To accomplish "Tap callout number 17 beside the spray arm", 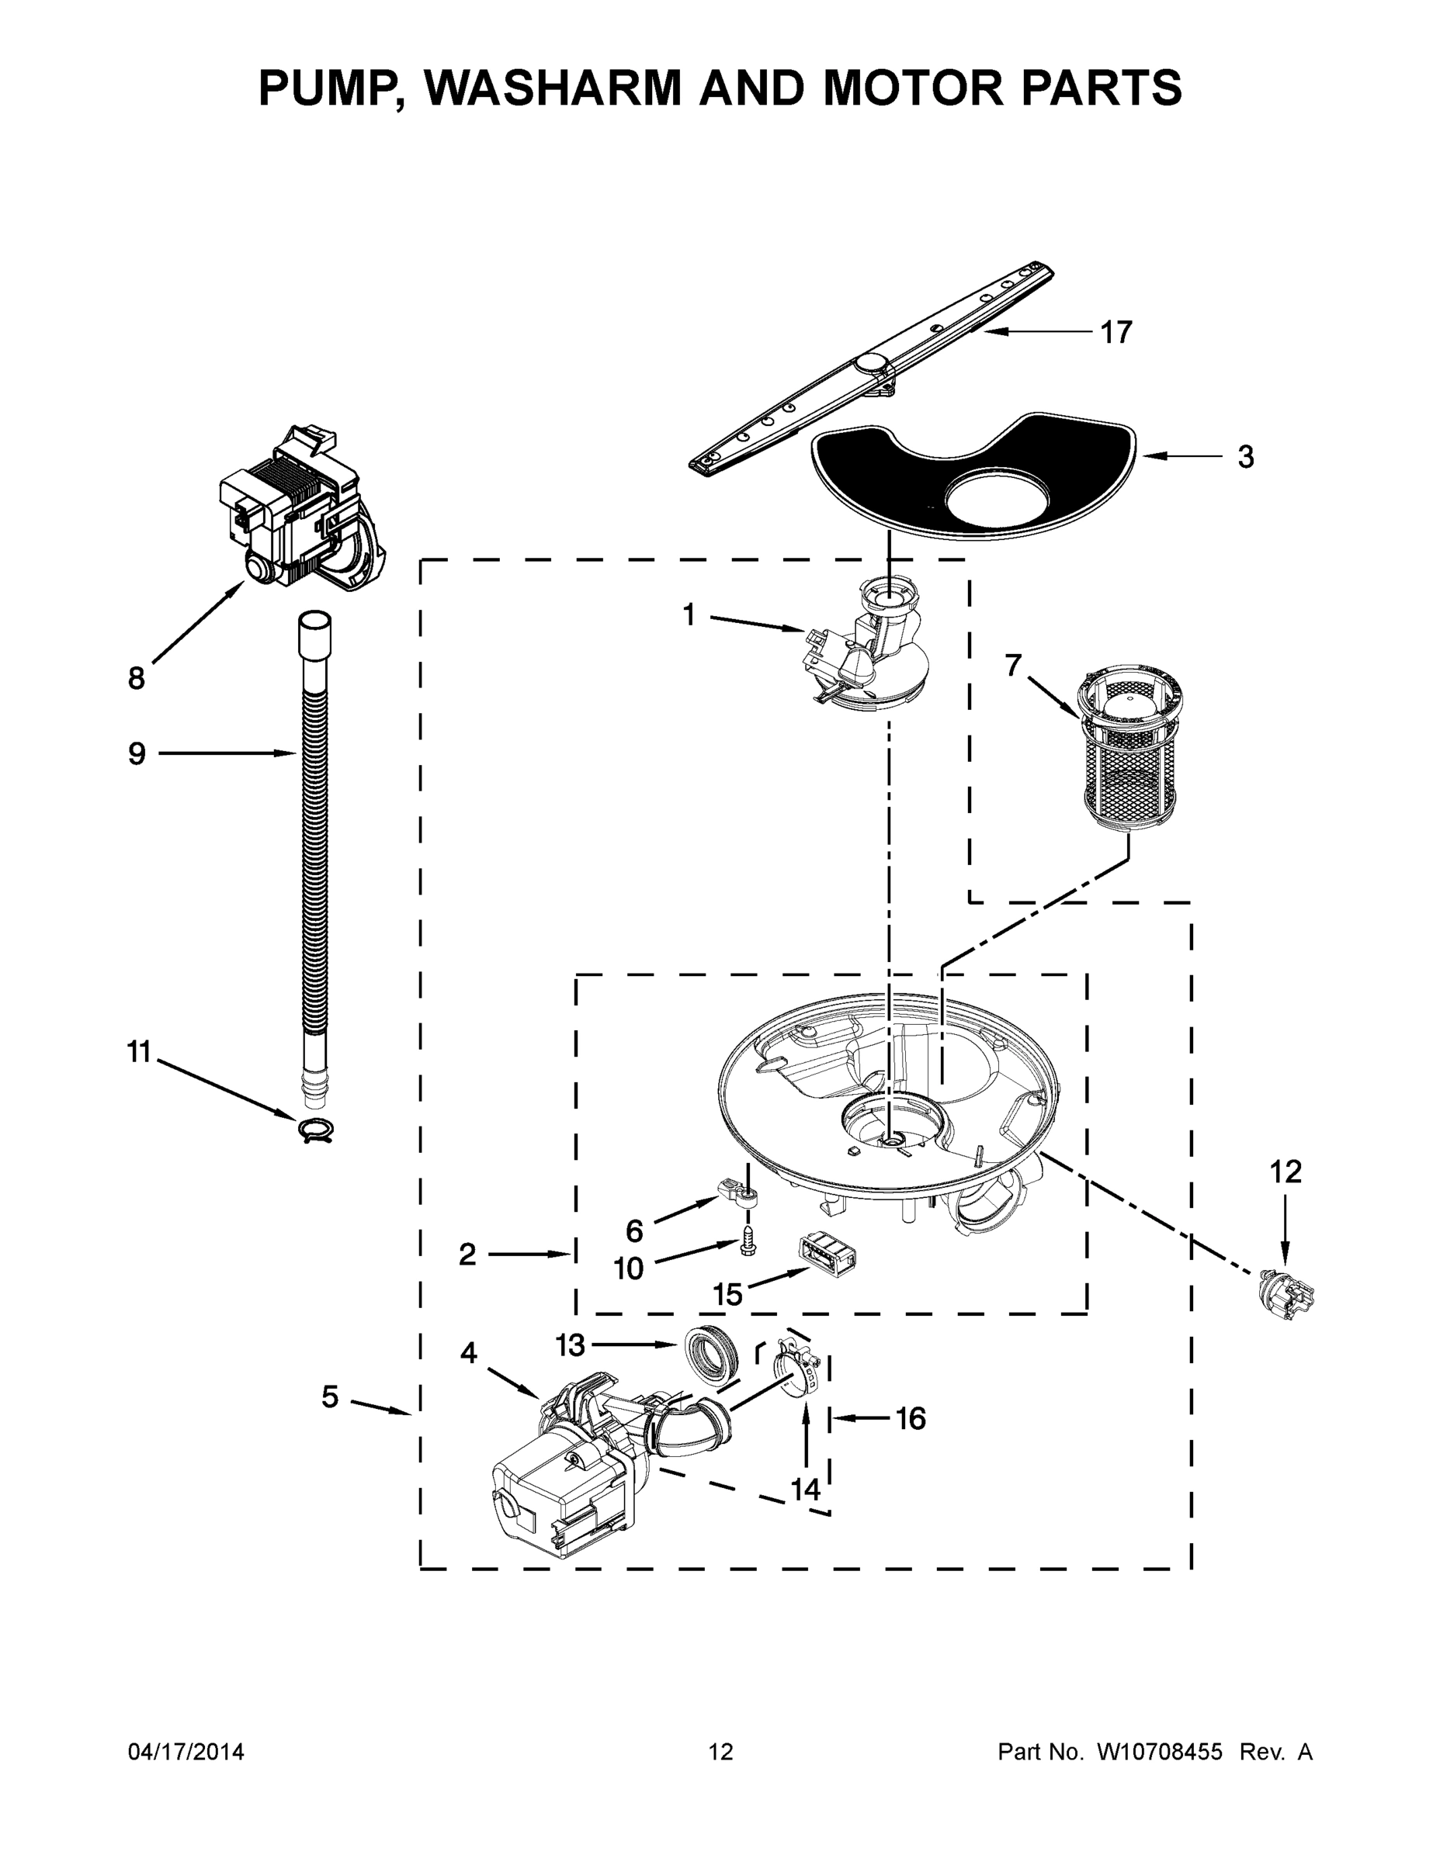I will (1116, 333).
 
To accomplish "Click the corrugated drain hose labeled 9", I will (314, 853).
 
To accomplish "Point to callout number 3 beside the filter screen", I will (1245, 458).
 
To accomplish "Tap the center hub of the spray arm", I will (872, 364).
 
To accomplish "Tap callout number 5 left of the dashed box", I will (330, 1396).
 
